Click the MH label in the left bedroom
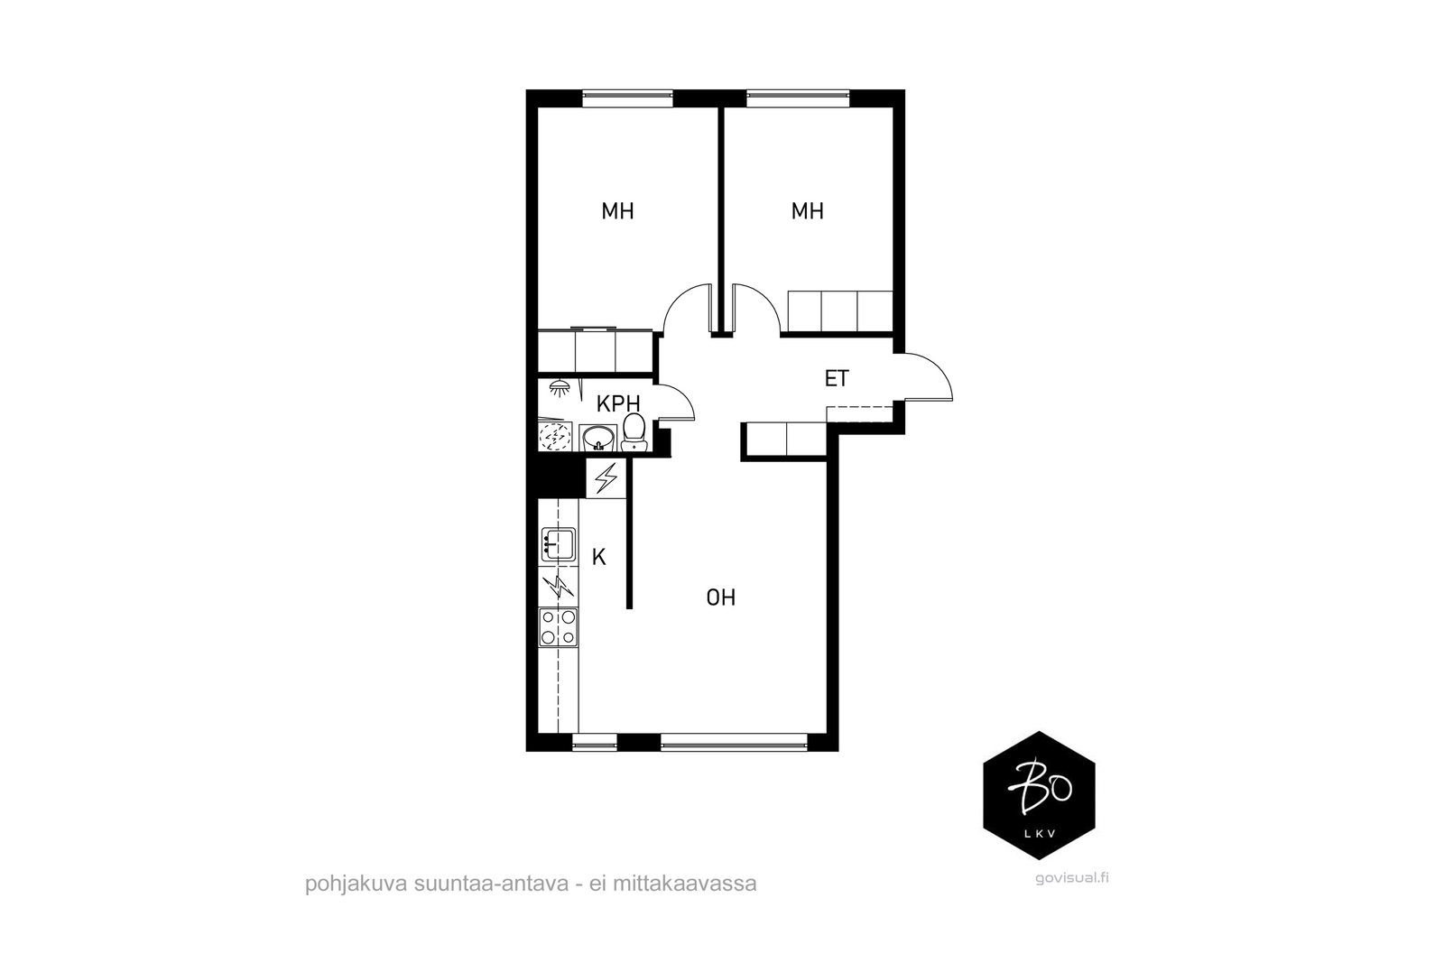[x=617, y=211]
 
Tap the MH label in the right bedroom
[x=808, y=211]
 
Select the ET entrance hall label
[x=837, y=378]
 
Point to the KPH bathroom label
[x=618, y=404]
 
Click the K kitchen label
[x=599, y=557]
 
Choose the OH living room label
[x=721, y=597]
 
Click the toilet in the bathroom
[x=634, y=432]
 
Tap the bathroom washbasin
[x=598, y=439]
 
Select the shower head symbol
[x=560, y=388]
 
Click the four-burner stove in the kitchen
[x=559, y=627]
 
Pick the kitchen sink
[x=559, y=546]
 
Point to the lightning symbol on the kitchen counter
[x=559, y=587]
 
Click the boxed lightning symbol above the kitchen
[x=606, y=478]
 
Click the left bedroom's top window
[x=628, y=98]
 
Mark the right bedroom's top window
[x=798, y=98]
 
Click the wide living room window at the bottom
[x=735, y=743]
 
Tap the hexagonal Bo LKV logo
[x=1039, y=795]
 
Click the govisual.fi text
[x=1072, y=878]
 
